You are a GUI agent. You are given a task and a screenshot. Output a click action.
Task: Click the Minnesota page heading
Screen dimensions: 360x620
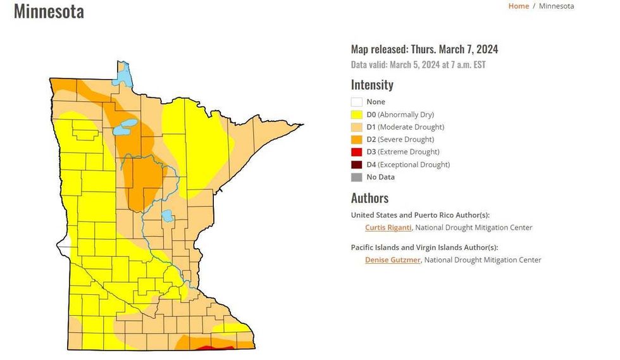pyautogui.click(x=49, y=11)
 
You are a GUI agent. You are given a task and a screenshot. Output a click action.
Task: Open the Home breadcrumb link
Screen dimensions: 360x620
pyautogui.click(x=518, y=6)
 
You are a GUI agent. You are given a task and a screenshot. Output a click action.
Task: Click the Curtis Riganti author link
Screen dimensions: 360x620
pyautogui.click(x=388, y=228)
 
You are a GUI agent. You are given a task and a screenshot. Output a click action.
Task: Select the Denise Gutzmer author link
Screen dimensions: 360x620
pyautogui.click(x=392, y=260)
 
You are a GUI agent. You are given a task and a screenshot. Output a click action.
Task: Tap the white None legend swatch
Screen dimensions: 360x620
pyautogui.click(x=356, y=102)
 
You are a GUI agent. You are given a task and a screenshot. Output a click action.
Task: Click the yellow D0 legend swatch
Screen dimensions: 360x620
pyautogui.click(x=356, y=115)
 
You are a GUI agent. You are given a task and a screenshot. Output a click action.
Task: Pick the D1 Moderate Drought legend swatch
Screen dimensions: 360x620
pyautogui.click(x=356, y=127)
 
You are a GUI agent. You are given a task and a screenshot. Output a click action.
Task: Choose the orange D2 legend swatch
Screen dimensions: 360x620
pyautogui.click(x=356, y=140)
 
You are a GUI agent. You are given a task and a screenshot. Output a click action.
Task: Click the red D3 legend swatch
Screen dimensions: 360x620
pyautogui.click(x=356, y=152)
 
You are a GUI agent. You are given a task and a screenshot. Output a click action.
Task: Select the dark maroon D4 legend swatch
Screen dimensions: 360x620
pyautogui.click(x=356, y=164)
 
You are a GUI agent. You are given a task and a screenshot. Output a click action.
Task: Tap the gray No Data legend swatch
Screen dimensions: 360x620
pyautogui.click(x=356, y=177)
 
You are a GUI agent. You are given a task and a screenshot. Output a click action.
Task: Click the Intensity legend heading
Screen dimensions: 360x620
pyautogui.click(x=372, y=85)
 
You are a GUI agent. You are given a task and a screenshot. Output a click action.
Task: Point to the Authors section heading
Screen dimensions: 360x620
pyautogui.click(x=369, y=198)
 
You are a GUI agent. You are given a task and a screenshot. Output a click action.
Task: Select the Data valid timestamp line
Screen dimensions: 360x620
pyautogui.click(x=418, y=65)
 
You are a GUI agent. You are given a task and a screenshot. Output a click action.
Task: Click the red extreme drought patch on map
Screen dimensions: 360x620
pyautogui.click(x=212, y=347)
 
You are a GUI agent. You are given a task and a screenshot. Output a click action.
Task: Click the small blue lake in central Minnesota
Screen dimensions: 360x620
pyautogui.click(x=167, y=216)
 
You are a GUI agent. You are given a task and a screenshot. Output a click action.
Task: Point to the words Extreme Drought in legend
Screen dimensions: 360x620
pyautogui.click(x=411, y=152)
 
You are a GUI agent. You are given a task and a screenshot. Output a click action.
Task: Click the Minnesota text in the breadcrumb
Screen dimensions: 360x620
pyautogui.click(x=556, y=6)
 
